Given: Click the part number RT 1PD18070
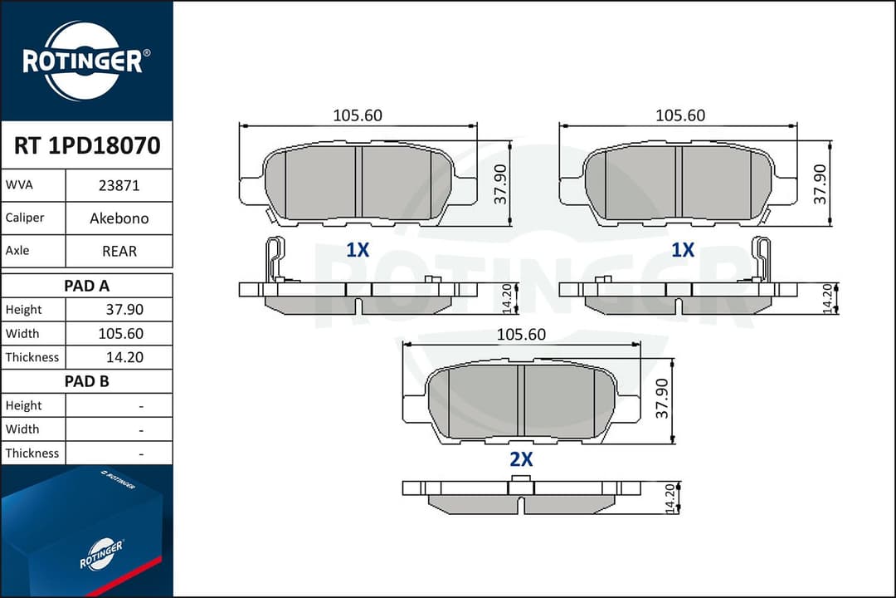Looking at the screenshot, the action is tap(87, 145).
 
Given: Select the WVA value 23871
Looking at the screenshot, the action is tap(119, 185).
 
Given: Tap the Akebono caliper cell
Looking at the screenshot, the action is tap(119, 218).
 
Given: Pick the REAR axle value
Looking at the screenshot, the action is tap(119, 251).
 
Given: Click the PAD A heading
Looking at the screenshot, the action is tap(86, 286).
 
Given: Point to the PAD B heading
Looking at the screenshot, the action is tap(86, 381).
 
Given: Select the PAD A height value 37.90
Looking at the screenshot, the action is tap(124, 310).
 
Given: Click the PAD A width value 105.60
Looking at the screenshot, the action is tap(120, 334).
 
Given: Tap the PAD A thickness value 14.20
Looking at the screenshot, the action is tap(124, 358).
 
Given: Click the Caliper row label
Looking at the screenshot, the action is tap(25, 218).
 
